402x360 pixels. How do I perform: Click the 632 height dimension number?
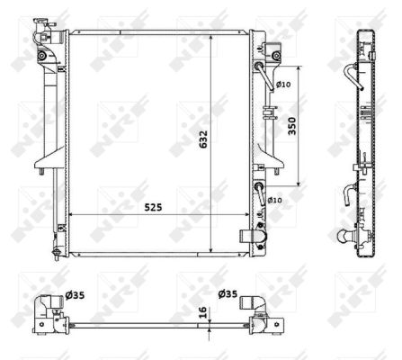point(203,139)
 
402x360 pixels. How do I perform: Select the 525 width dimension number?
point(149,207)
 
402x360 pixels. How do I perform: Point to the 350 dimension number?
point(291,127)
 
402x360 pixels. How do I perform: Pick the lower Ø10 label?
point(274,200)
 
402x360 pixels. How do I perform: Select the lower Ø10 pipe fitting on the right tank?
point(260,190)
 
